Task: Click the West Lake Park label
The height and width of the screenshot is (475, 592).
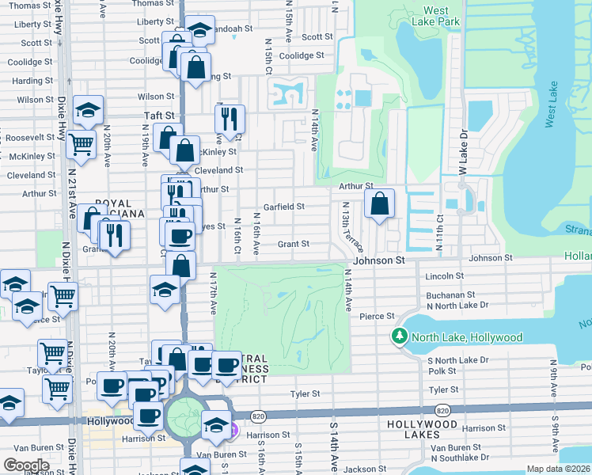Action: click(441, 17)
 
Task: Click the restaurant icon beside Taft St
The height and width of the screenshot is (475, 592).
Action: click(230, 120)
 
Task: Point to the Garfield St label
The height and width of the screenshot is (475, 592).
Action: click(284, 207)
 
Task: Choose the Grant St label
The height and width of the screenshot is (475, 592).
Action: click(293, 245)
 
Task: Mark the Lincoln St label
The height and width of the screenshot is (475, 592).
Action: click(444, 276)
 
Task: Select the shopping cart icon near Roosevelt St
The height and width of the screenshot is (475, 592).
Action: click(81, 145)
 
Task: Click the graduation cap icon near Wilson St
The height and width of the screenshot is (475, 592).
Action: click(88, 111)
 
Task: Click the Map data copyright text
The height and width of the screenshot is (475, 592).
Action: click(558, 469)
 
